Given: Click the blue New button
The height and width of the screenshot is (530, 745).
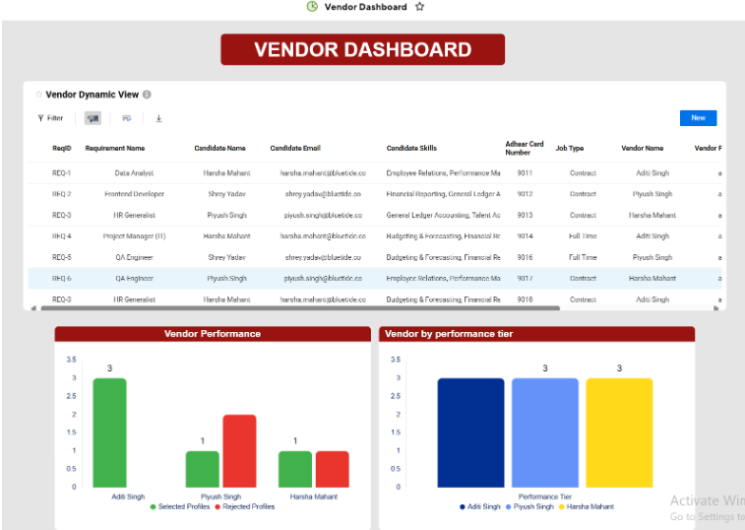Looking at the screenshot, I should click(x=698, y=118).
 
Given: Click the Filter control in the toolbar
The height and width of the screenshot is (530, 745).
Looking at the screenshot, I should click(x=50, y=118).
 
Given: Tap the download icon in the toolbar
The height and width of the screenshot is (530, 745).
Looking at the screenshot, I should click(x=158, y=118).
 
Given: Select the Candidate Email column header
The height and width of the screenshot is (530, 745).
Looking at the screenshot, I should click(x=295, y=149).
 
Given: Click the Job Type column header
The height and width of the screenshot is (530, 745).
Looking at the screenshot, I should click(x=569, y=149).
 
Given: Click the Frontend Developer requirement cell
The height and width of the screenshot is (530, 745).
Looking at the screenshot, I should click(x=134, y=194).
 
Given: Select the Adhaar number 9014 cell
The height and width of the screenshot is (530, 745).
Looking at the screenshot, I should click(x=525, y=236).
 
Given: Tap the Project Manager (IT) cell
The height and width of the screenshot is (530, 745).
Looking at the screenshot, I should click(x=134, y=236).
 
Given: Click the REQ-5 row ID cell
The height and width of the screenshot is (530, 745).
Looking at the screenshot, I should click(x=61, y=257).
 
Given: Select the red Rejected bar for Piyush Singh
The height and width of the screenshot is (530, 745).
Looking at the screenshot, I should click(x=239, y=450).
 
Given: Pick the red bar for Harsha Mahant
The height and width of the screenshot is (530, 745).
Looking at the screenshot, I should click(x=332, y=469).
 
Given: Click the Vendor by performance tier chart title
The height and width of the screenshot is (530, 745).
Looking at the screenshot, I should click(x=448, y=334).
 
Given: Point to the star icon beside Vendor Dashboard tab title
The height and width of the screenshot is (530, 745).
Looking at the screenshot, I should click(x=420, y=7).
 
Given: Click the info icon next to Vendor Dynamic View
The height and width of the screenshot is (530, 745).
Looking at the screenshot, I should click(x=147, y=95).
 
